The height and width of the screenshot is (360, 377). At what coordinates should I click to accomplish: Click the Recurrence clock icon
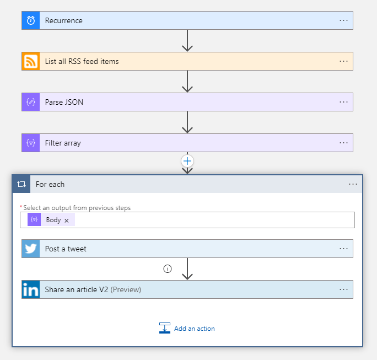[31, 20]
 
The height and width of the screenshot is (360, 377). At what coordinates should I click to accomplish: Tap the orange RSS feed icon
[31, 61]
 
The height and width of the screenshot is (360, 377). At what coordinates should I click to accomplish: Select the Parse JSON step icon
[31, 102]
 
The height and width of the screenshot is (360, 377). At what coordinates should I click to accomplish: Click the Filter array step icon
[31, 143]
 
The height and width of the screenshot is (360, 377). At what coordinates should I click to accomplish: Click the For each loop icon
[21, 184]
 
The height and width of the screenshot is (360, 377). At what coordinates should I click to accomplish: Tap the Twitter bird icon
[31, 249]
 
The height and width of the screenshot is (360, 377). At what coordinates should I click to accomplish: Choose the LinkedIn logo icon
[31, 289]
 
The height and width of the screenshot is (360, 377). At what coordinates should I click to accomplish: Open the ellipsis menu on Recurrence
[343, 20]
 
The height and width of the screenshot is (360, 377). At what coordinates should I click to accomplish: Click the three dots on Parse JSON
[343, 102]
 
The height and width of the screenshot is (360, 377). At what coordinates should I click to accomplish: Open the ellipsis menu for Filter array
[343, 143]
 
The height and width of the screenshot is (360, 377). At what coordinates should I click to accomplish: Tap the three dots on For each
[353, 184]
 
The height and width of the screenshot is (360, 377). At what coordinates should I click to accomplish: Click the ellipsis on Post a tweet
[343, 249]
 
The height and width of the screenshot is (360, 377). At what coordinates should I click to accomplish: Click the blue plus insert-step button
[187, 161]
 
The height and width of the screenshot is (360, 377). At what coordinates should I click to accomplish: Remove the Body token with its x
[67, 221]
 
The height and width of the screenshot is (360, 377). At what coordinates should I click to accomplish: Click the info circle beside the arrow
[168, 268]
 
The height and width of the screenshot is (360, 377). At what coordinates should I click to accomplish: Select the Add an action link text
[194, 329]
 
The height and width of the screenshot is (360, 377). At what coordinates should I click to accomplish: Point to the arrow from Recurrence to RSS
[187, 41]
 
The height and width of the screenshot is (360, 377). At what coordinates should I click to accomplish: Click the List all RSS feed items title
[82, 61]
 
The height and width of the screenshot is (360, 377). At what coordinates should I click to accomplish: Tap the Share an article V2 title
[77, 289]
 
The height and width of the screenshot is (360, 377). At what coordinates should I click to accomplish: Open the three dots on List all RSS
[343, 61]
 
